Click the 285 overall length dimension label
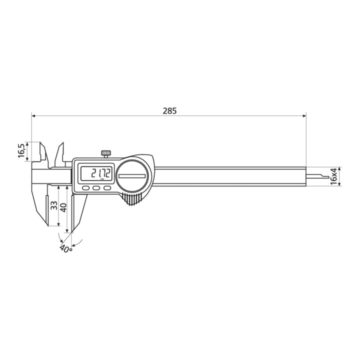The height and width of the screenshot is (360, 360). click(170, 111)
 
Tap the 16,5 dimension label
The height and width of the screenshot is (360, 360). click(21, 150)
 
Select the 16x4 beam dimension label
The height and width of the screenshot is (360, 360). click(333, 176)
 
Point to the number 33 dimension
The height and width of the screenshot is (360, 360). click(54, 205)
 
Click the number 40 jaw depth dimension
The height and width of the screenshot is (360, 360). click(63, 207)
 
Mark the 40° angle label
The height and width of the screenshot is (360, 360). click(66, 248)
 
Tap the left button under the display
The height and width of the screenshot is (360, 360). click(86, 188)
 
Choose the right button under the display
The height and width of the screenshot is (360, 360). click(107, 188)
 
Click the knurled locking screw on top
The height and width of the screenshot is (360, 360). click(106, 153)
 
